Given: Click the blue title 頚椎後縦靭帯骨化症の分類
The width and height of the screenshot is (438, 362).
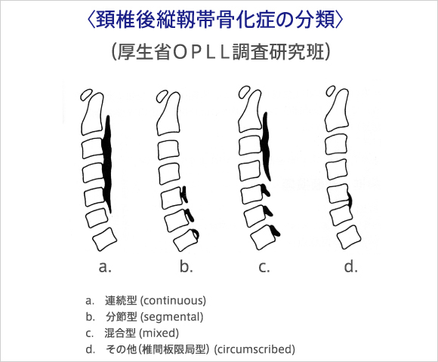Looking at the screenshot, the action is click(x=215, y=19).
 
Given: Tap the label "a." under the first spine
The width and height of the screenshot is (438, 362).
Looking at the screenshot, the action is click(x=105, y=267).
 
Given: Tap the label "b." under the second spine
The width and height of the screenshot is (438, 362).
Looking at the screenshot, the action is click(x=187, y=266).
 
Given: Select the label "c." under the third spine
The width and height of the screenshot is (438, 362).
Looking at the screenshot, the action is click(x=264, y=267).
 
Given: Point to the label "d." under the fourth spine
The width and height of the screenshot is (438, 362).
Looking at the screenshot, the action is click(x=351, y=266).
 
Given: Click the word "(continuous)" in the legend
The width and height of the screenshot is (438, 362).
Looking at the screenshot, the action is click(x=173, y=301).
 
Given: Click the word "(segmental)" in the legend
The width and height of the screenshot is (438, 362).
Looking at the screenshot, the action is click(x=171, y=317).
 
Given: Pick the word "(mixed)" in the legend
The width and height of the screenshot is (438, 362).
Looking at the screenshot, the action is click(x=159, y=333).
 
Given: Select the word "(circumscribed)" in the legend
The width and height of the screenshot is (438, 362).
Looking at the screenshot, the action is click(x=254, y=349).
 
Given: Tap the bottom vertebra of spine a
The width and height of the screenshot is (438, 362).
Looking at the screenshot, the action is click(x=105, y=239).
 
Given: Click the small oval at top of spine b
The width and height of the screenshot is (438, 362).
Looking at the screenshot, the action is click(x=162, y=97).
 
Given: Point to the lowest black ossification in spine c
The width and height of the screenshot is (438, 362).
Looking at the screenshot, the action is click(x=276, y=230).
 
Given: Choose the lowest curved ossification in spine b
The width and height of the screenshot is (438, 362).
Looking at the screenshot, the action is click(x=196, y=234).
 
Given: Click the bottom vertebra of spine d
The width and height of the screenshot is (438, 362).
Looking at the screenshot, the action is click(x=349, y=238).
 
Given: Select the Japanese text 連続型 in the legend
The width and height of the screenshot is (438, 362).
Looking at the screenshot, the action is click(x=121, y=300).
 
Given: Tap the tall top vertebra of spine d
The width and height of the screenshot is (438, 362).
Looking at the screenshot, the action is click(x=338, y=110).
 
